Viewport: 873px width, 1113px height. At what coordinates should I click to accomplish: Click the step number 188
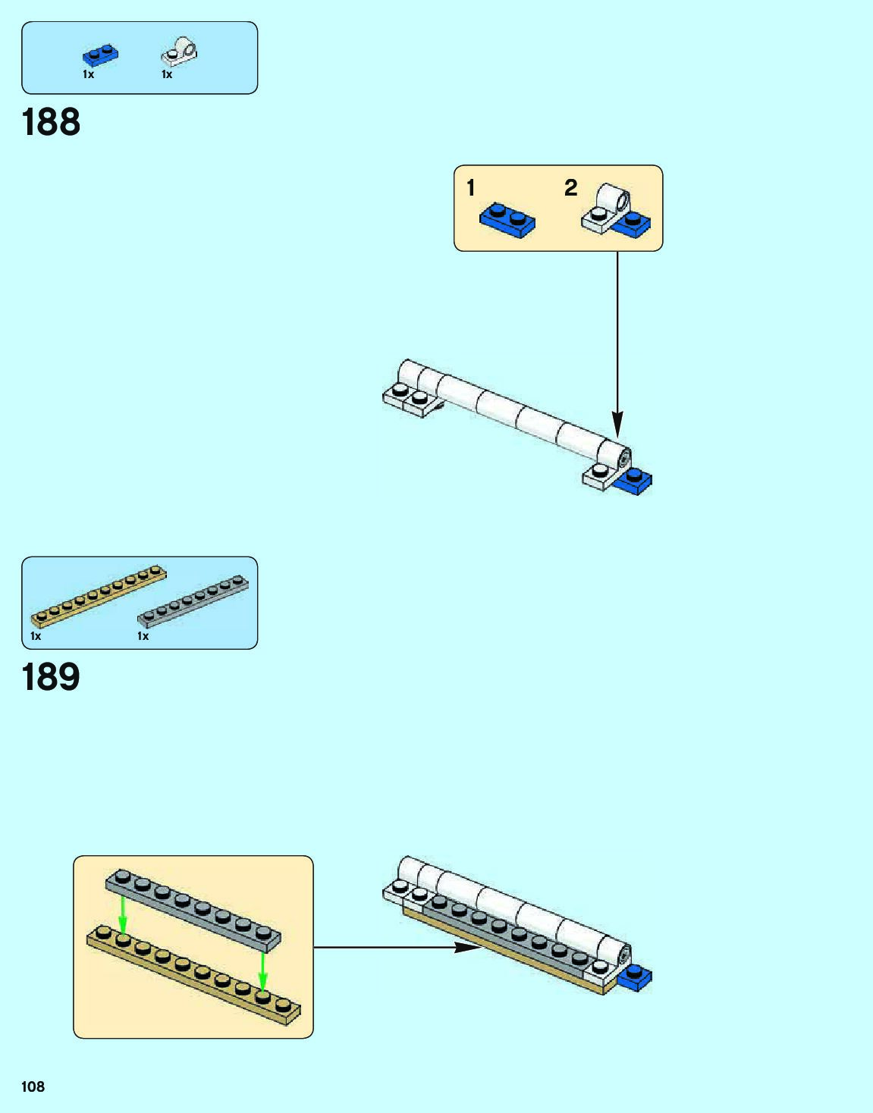(x=51, y=122)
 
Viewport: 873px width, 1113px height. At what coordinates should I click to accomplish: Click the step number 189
(x=51, y=677)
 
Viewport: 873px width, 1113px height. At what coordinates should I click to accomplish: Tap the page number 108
(x=33, y=1086)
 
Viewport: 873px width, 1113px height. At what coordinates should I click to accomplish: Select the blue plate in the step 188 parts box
(x=100, y=55)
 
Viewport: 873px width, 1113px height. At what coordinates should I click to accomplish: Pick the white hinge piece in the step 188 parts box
(x=180, y=52)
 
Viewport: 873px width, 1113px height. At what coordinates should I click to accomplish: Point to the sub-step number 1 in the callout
(x=471, y=187)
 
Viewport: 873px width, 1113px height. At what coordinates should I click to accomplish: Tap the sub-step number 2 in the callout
(x=571, y=187)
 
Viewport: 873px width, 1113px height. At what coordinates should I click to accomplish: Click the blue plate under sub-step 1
(x=507, y=220)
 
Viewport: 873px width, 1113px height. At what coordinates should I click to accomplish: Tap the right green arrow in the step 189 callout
(x=262, y=971)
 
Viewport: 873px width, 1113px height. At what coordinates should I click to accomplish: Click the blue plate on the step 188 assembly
(x=633, y=481)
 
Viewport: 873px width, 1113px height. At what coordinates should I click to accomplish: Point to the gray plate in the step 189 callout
(x=193, y=911)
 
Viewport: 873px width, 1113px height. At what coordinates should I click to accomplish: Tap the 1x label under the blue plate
(x=88, y=74)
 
